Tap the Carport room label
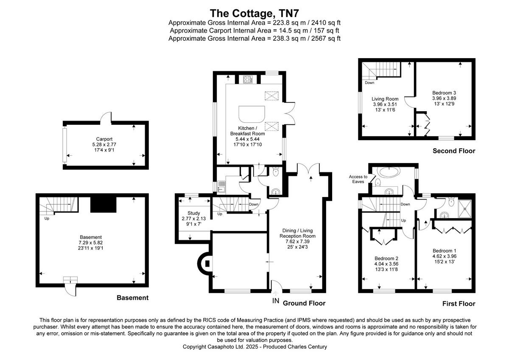[x=104, y=139]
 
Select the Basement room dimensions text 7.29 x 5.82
[x=91, y=242]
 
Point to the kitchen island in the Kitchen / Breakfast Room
[x=252, y=114]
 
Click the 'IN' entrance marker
[x=275, y=301]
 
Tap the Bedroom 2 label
[x=386, y=258]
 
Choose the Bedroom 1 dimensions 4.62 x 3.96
[x=445, y=256]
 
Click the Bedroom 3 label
[x=444, y=93]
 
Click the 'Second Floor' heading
[x=453, y=151]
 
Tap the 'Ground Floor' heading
[x=304, y=303]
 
